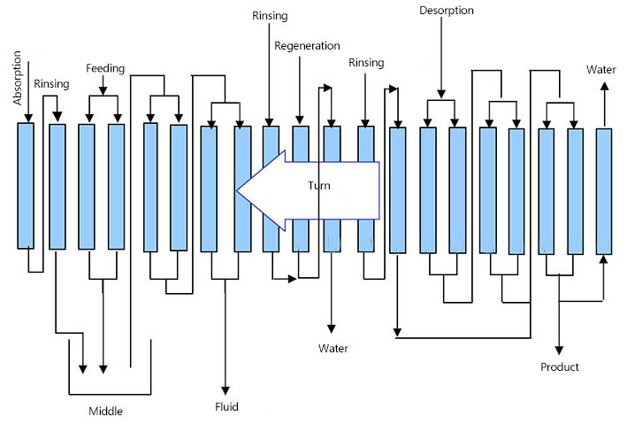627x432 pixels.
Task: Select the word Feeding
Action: (105, 68)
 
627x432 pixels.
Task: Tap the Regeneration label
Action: (307, 46)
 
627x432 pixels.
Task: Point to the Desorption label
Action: (446, 11)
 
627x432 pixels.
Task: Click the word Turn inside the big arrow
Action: (319, 186)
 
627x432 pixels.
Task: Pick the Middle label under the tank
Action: (105, 411)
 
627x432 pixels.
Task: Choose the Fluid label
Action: (226, 407)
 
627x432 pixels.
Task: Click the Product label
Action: (560, 366)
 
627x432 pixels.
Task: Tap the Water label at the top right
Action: (602, 69)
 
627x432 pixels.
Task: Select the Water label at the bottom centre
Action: (333, 348)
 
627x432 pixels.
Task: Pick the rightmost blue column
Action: (603, 190)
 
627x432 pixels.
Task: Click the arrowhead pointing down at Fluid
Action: (226, 390)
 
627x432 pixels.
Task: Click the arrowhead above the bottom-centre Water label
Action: (332, 329)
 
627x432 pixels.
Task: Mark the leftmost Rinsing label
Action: (50, 84)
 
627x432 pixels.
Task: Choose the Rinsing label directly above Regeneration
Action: (270, 16)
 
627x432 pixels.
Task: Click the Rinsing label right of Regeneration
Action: (366, 63)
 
